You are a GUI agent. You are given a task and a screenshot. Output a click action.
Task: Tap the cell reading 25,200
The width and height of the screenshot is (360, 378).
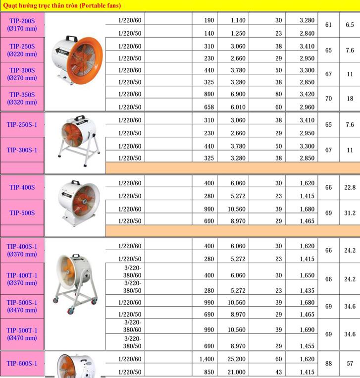point(238,359)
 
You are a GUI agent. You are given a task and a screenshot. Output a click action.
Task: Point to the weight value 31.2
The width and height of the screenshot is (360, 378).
point(350,213)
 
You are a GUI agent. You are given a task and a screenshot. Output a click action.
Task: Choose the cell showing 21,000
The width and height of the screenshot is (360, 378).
point(238,372)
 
